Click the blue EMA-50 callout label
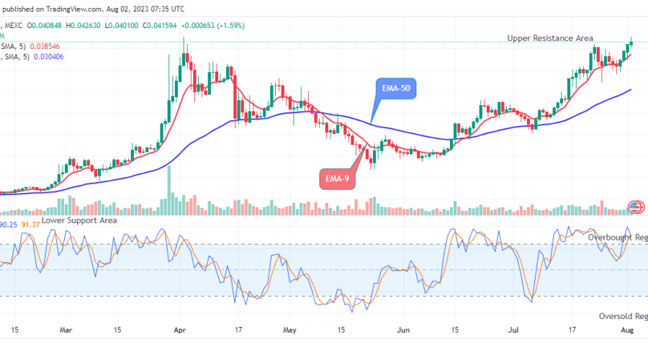(x=396, y=89)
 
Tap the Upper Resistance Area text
(x=550, y=38)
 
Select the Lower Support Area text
(x=78, y=220)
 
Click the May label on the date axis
(x=289, y=330)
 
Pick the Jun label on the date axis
(x=404, y=330)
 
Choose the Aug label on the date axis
(x=626, y=330)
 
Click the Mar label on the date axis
(x=66, y=330)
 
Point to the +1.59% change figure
(x=231, y=26)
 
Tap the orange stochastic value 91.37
(x=31, y=225)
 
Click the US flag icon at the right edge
(x=636, y=207)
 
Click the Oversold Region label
(x=622, y=316)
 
